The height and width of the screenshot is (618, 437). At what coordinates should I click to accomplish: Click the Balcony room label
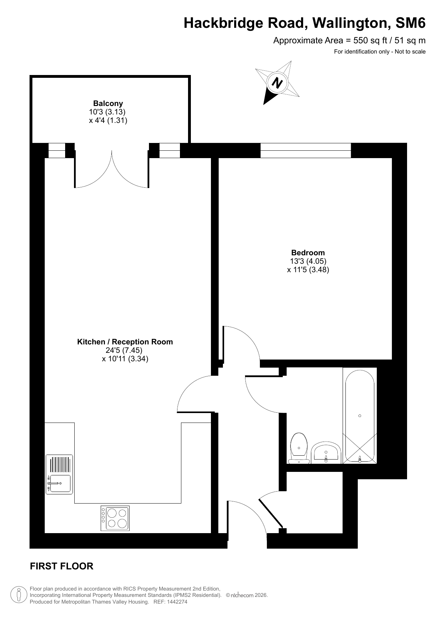click(108, 104)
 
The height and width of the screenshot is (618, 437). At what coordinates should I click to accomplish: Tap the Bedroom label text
click(308, 253)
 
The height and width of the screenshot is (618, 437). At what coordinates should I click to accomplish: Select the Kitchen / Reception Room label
click(125, 342)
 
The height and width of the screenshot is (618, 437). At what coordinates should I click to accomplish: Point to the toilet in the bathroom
click(299, 448)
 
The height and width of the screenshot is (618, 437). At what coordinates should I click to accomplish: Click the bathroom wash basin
click(326, 453)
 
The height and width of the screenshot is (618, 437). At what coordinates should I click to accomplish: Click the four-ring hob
click(115, 518)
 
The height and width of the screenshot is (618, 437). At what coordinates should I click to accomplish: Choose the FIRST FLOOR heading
click(62, 566)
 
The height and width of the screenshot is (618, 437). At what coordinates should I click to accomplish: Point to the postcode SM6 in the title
click(411, 23)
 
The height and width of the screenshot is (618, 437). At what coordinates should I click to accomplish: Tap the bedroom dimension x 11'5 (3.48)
click(308, 270)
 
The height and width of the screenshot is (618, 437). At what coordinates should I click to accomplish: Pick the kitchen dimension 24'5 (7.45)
click(124, 350)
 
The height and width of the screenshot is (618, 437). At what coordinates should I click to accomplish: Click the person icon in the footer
click(19, 595)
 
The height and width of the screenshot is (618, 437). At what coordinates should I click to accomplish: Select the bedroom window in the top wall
click(306, 150)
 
